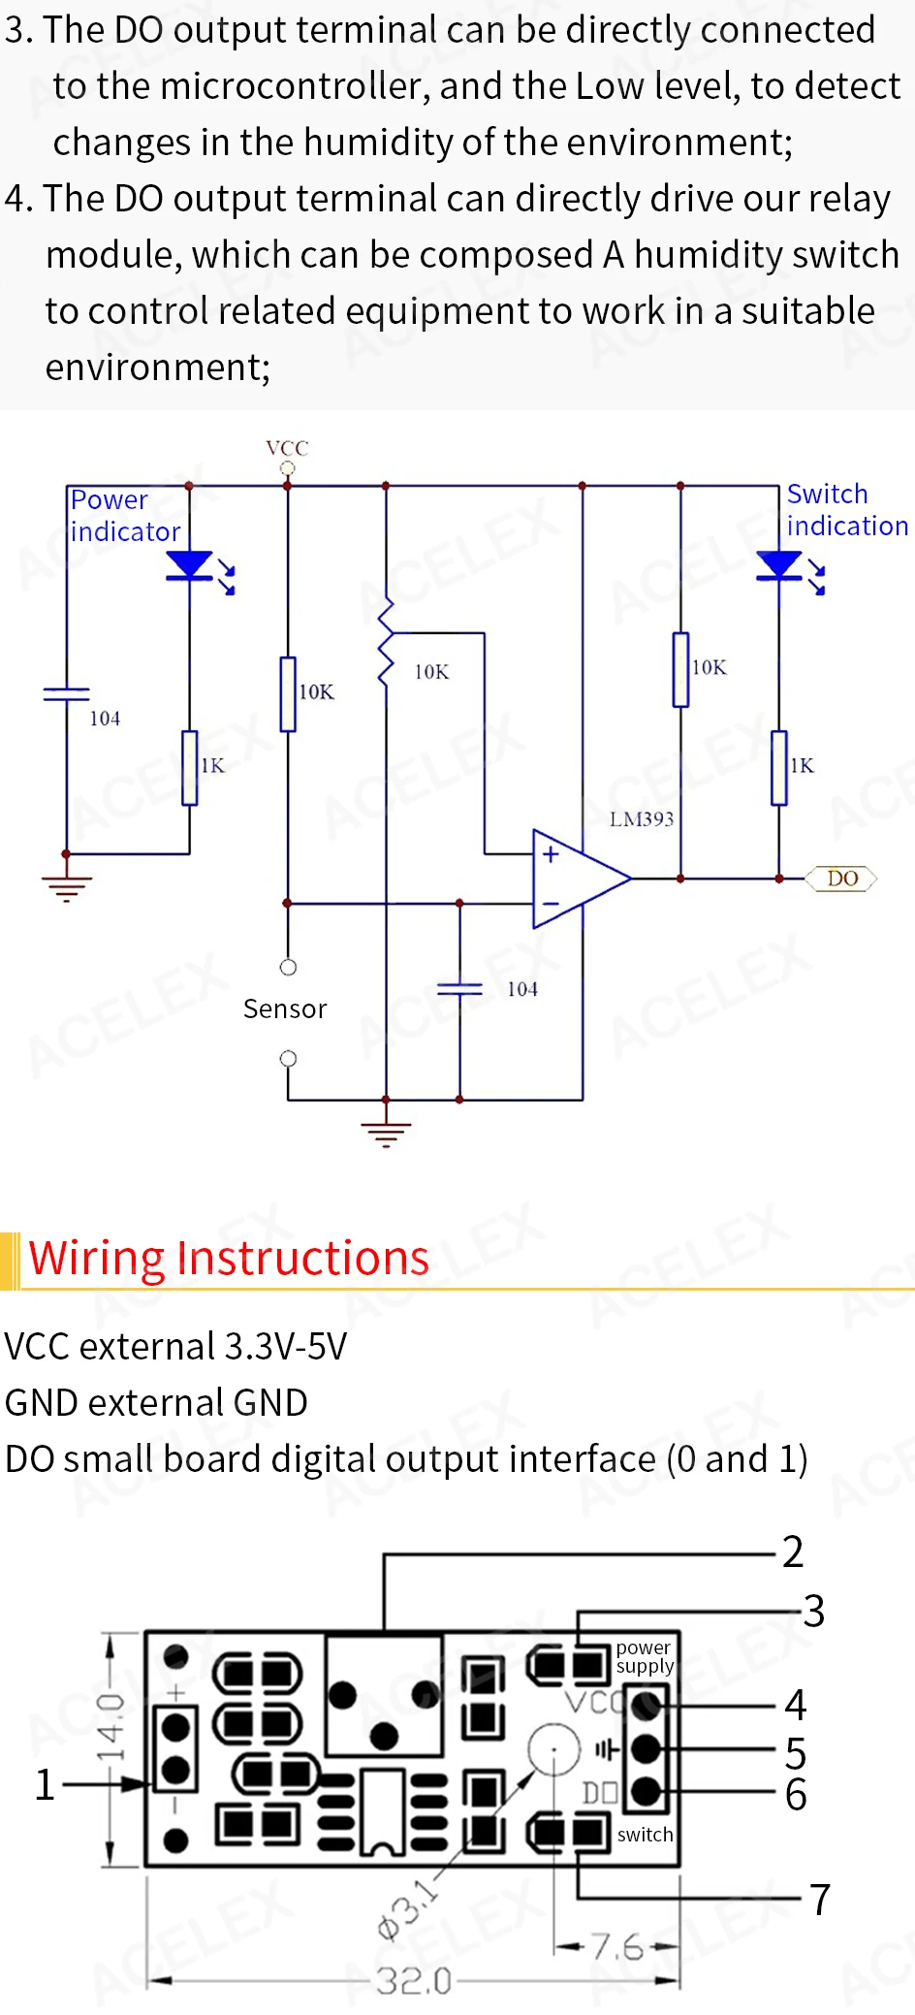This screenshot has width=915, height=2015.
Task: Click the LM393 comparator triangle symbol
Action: point(580,879)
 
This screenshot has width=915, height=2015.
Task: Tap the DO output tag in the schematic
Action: point(841,879)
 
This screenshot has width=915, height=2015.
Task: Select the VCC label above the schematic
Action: point(287,448)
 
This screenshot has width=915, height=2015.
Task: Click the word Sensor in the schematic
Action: point(285,1009)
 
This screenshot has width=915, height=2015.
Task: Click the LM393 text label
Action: point(641,819)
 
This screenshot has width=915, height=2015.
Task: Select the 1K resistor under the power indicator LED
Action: point(190,768)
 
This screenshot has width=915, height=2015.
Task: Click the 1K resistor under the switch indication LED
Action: point(779,768)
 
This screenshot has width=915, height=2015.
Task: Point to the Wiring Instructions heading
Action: point(229,1259)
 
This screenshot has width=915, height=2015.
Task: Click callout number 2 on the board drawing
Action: point(793,1551)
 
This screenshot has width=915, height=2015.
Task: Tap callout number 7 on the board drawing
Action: point(820,1900)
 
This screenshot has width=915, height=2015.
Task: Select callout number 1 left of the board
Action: point(45,1784)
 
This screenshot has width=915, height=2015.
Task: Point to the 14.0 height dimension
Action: point(110,1727)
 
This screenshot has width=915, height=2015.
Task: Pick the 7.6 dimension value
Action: point(617,1946)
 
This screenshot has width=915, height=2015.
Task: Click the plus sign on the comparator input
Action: point(551,854)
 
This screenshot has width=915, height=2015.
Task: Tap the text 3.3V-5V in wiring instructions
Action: point(285,1347)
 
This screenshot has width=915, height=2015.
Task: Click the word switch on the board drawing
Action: point(645,1835)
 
